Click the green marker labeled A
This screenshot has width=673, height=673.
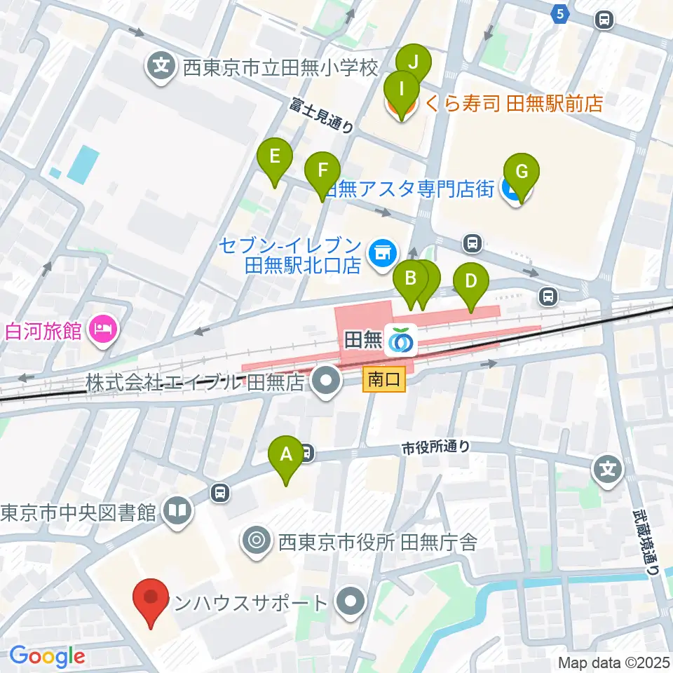286,455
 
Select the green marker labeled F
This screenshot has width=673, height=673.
322,170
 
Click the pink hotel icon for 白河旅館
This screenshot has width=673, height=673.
103,329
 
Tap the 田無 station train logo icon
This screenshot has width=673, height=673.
403,340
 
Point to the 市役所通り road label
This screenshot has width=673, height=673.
435,447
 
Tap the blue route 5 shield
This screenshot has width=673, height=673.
559,14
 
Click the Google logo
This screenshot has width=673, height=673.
46,657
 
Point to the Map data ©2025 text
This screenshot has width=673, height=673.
614,662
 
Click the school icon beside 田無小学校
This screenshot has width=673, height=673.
161,68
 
